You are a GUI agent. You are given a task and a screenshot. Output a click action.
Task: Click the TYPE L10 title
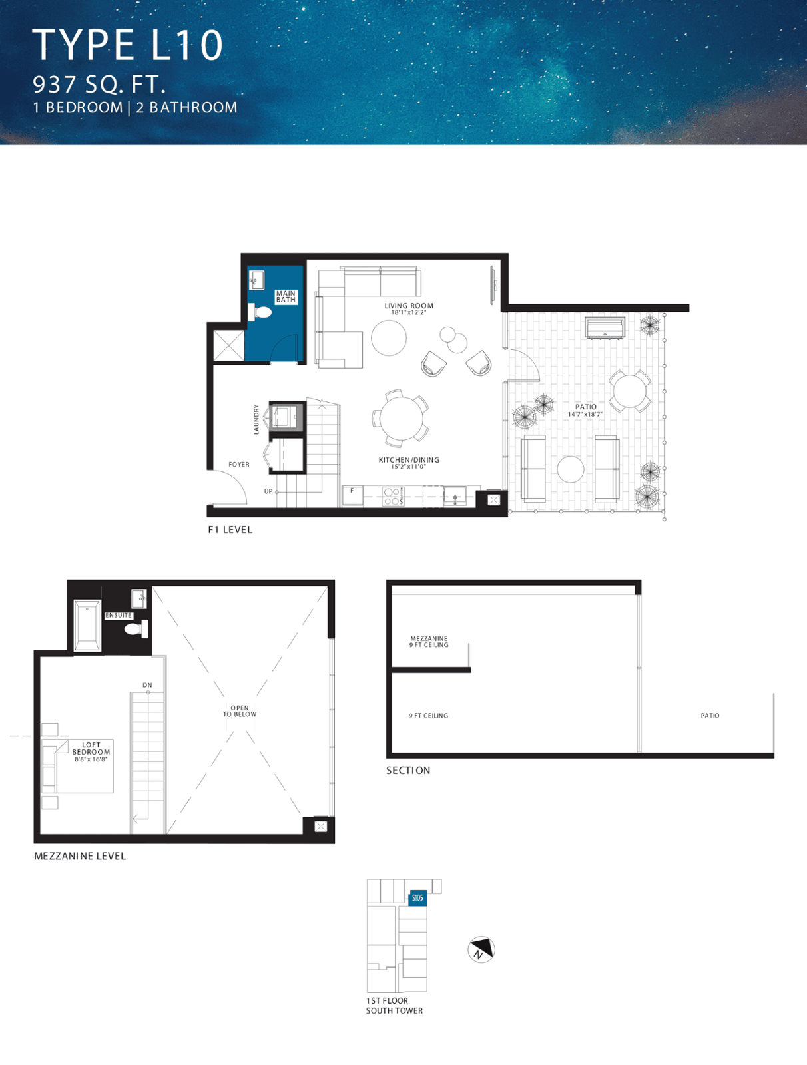click(x=127, y=45)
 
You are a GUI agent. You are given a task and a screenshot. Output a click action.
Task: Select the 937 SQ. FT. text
click(x=99, y=85)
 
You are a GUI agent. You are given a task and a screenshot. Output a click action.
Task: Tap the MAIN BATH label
click(x=286, y=296)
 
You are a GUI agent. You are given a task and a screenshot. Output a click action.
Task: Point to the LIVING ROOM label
click(x=409, y=306)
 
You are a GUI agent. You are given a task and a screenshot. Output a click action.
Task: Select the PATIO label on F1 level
click(x=586, y=407)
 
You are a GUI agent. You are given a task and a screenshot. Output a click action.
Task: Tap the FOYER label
click(x=239, y=465)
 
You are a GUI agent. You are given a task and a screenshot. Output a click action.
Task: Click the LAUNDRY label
click(x=256, y=419)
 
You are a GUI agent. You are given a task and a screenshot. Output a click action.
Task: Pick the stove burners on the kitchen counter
click(x=392, y=497)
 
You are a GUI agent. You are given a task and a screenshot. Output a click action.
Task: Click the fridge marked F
click(x=352, y=496)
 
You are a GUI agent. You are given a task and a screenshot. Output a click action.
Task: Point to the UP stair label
click(x=268, y=491)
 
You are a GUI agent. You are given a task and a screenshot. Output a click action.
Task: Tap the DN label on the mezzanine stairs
click(x=148, y=685)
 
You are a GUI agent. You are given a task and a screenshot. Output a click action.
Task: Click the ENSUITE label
click(x=119, y=615)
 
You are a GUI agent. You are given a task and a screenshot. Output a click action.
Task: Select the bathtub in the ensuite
click(x=87, y=626)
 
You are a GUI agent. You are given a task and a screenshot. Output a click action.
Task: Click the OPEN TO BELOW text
click(x=240, y=711)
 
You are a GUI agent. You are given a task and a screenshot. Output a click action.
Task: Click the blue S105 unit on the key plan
click(x=417, y=898)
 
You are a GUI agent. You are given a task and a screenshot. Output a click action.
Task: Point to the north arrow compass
click(x=481, y=949)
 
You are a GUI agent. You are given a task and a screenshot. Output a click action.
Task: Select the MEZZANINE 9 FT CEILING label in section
click(x=429, y=642)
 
